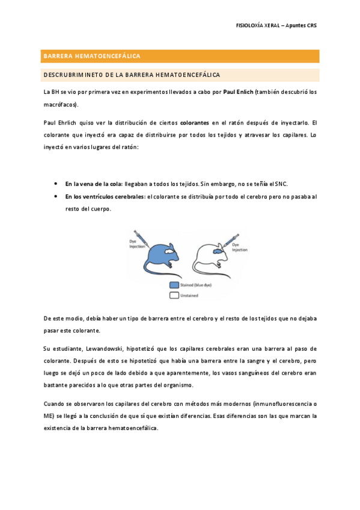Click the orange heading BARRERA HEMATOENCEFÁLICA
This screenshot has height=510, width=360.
[91, 56]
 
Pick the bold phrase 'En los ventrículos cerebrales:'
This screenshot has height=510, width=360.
[105, 196]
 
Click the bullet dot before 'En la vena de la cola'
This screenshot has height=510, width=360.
[55, 183]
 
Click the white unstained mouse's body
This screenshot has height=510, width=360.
[207, 257]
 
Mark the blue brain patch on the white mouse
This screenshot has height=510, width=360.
[219, 252]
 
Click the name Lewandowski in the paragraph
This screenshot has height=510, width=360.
[97, 348]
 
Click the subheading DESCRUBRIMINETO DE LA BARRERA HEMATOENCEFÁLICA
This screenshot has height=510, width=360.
[131, 75]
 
